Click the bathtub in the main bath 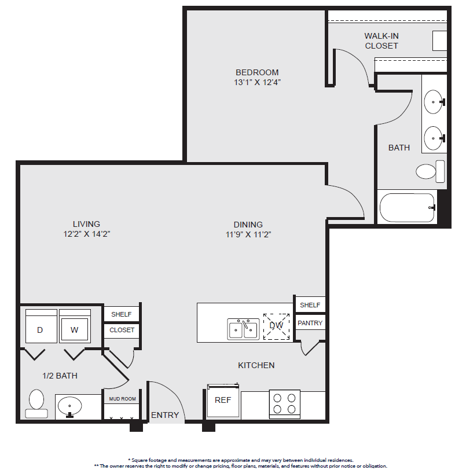pyautogui.click(x=407, y=207)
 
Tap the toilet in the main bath pyautogui.click(x=430, y=171)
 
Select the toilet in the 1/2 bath pyautogui.click(x=36, y=403)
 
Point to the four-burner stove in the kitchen pyautogui.click(x=285, y=404)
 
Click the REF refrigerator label pyautogui.click(x=223, y=400)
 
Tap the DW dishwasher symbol pyautogui.click(x=276, y=326)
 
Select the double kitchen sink pyautogui.click(x=243, y=329)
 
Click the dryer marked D pyautogui.click(x=41, y=326)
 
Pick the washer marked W pyautogui.click(x=75, y=326)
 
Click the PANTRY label pyautogui.click(x=310, y=323)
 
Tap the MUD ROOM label pyautogui.click(x=122, y=399)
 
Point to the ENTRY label pyautogui.click(x=165, y=415)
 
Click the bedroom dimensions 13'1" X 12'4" pyautogui.click(x=257, y=82)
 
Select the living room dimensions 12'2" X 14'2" pyautogui.click(x=87, y=234)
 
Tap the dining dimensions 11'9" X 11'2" pyautogui.click(x=248, y=234)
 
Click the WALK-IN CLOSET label pyautogui.click(x=381, y=41)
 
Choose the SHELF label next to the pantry pyautogui.click(x=310, y=305)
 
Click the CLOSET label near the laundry pyautogui.click(x=122, y=330)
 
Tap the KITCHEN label pyautogui.click(x=256, y=365)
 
